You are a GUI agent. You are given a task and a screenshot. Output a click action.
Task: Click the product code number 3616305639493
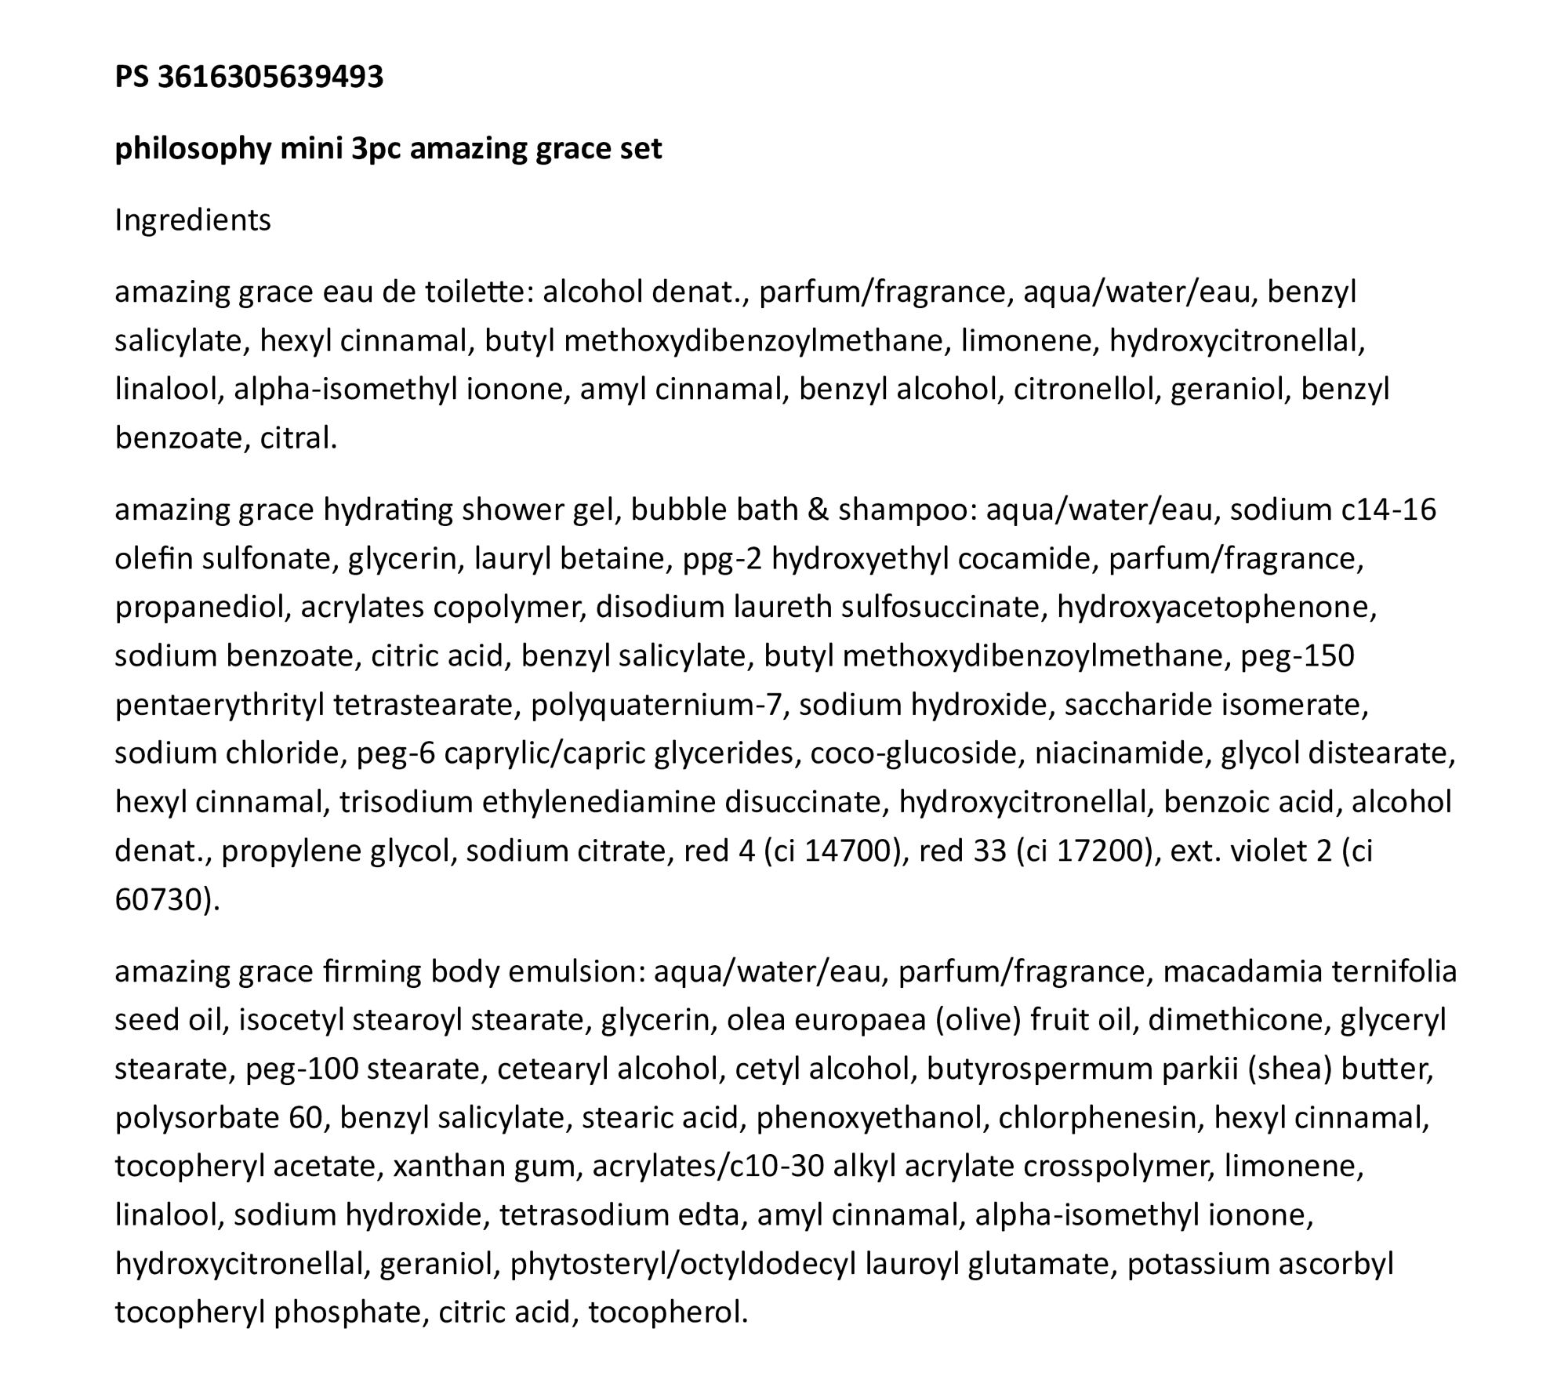[270, 77]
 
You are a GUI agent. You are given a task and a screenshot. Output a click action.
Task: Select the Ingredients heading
[193, 220]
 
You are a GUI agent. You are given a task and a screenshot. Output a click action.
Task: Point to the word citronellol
[1086, 390]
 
